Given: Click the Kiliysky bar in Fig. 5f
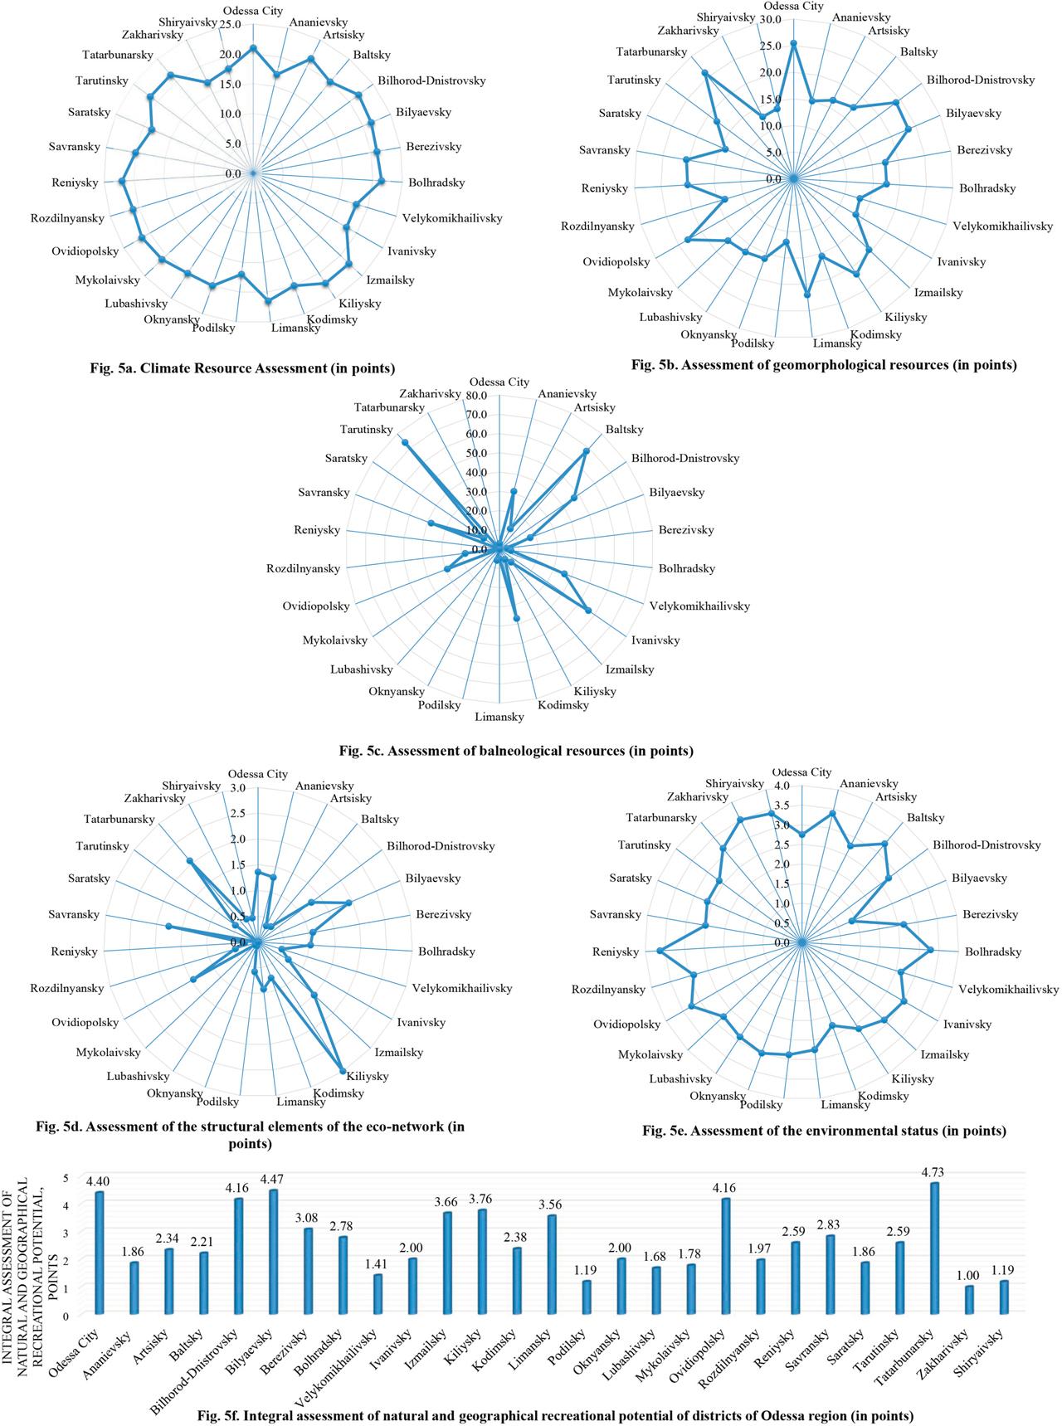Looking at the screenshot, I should click(482, 1261).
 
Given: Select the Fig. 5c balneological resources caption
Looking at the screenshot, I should click(515, 752).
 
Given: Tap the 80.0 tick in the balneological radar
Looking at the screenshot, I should click(476, 396).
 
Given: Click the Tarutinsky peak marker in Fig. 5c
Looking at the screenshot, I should click(406, 442).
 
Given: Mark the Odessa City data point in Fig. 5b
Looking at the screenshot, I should click(793, 44).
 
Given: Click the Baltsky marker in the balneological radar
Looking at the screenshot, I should click(586, 451).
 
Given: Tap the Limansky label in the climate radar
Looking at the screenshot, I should click(297, 329).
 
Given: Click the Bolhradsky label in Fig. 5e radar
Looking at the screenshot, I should click(993, 952).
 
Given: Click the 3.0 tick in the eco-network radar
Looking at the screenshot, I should click(238, 787).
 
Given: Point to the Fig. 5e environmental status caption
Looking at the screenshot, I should click(824, 1131).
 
